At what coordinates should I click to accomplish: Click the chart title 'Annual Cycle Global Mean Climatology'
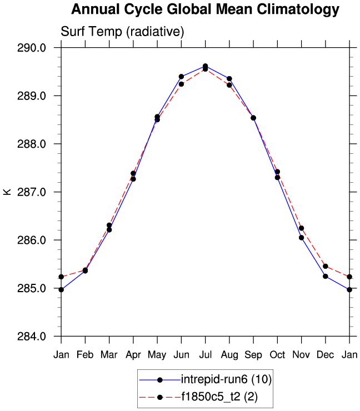pyautogui.click(x=205, y=10)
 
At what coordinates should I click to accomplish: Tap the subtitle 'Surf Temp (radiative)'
pyautogui.click(x=122, y=32)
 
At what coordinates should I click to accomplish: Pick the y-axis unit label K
pyautogui.click(x=7, y=192)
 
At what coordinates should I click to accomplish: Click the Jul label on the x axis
pyautogui.click(x=206, y=355)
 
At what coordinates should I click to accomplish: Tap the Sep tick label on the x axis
pyautogui.click(x=253, y=355)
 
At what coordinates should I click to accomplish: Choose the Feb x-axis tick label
pyautogui.click(x=85, y=355)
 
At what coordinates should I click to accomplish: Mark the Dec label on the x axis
pyautogui.click(x=326, y=355)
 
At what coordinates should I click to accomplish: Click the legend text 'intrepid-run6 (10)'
pyautogui.click(x=226, y=380)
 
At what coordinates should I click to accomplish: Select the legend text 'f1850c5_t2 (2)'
pyautogui.click(x=219, y=397)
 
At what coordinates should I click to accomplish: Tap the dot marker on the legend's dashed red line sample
pyautogui.click(x=160, y=397)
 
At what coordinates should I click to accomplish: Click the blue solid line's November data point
pyautogui.click(x=302, y=238)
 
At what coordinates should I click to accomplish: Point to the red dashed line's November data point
pyautogui.click(x=302, y=228)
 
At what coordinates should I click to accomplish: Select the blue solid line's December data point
pyautogui.click(x=326, y=277)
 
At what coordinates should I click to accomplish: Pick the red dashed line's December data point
pyautogui.click(x=326, y=267)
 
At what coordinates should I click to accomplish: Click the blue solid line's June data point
pyautogui.click(x=181, y=76)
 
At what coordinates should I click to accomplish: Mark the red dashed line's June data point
pyautogui.click(x=181, y=84)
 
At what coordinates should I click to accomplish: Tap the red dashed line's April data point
pyautogui.click(x=133, y=173)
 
